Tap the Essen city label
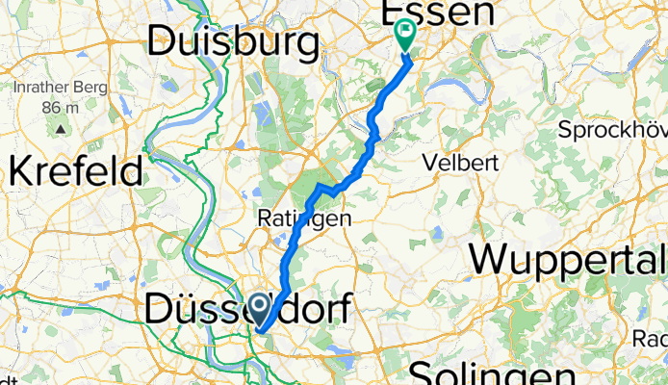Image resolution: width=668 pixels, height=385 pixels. tap(438, 13)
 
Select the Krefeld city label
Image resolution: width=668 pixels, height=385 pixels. tap(76, 171)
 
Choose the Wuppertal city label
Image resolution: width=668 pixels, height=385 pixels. tap(569, 259)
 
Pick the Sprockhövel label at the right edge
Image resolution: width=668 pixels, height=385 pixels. tap(616, 130)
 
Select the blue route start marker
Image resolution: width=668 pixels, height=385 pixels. tap(260, 308)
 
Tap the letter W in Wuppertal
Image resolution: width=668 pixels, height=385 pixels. tap(491, 259)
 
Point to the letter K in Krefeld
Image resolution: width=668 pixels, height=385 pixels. tap(20, 171)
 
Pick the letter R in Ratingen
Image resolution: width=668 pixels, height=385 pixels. tap(263, 219)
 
